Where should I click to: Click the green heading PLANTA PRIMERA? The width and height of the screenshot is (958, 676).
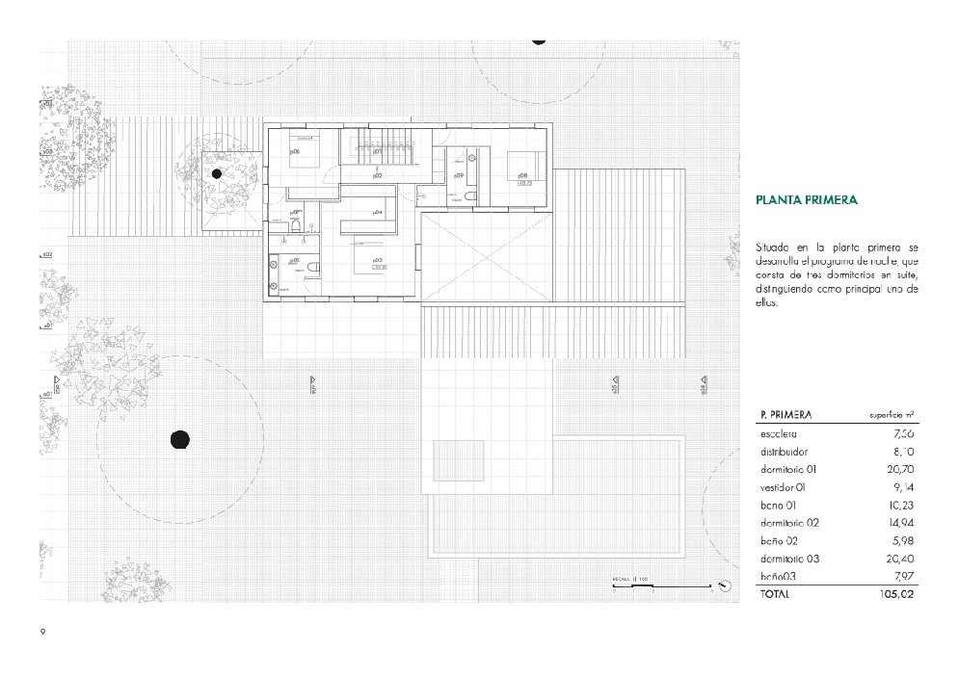pyautogui.click(x=806, y=200)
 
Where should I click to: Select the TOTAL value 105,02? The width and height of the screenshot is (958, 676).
pyautogui.click(x=891, y=594)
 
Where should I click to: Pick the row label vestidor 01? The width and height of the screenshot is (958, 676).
pyautogui.click(x=782, y=486)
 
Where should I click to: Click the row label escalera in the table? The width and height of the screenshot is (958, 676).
pyautogui.click(x=778, y=433)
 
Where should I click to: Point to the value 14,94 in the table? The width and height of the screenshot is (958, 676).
pyautogui.click(x=898, y=523)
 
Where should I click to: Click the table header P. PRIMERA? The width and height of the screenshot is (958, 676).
pyautogui.click(x=785, y=415)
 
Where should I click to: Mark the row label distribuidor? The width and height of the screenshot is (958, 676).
pyautogui.click(x=784, y=451)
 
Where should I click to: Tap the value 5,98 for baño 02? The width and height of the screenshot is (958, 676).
pyautogui.click(x=901, y=540)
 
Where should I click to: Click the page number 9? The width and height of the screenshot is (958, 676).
pyautogui.click(x=42, y=631)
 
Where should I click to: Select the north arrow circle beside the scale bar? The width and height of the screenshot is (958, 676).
pyautogui.click(x=723, y=584)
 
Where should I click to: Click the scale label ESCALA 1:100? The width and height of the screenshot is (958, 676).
pyautogui.click(x=632, y=580)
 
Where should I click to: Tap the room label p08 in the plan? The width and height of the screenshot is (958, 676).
pyautogui.click(x=522, y=175)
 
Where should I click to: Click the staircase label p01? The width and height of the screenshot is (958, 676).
pyautogui.click(x=378, y=151)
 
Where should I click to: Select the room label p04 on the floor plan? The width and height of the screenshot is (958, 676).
pyautogui.click(x=378, y=212)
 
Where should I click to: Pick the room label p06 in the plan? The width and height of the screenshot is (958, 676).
pyautogui.click(x=295, y=151)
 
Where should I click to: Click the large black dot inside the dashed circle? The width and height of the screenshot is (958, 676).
pyautogui.click(x=179, y=440)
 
